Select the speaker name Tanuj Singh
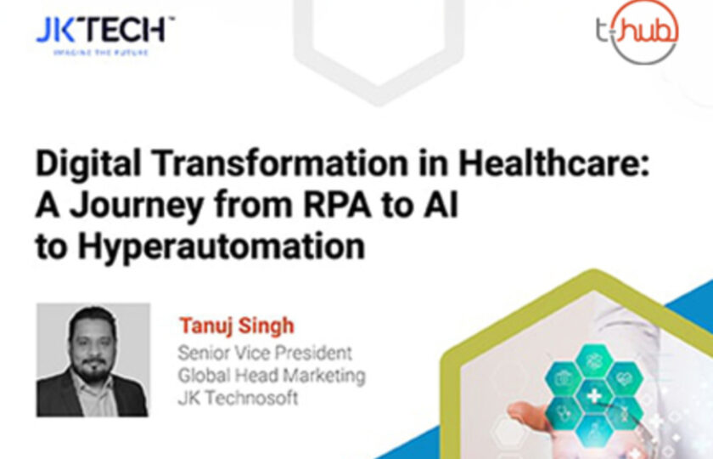click(235, 326)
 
